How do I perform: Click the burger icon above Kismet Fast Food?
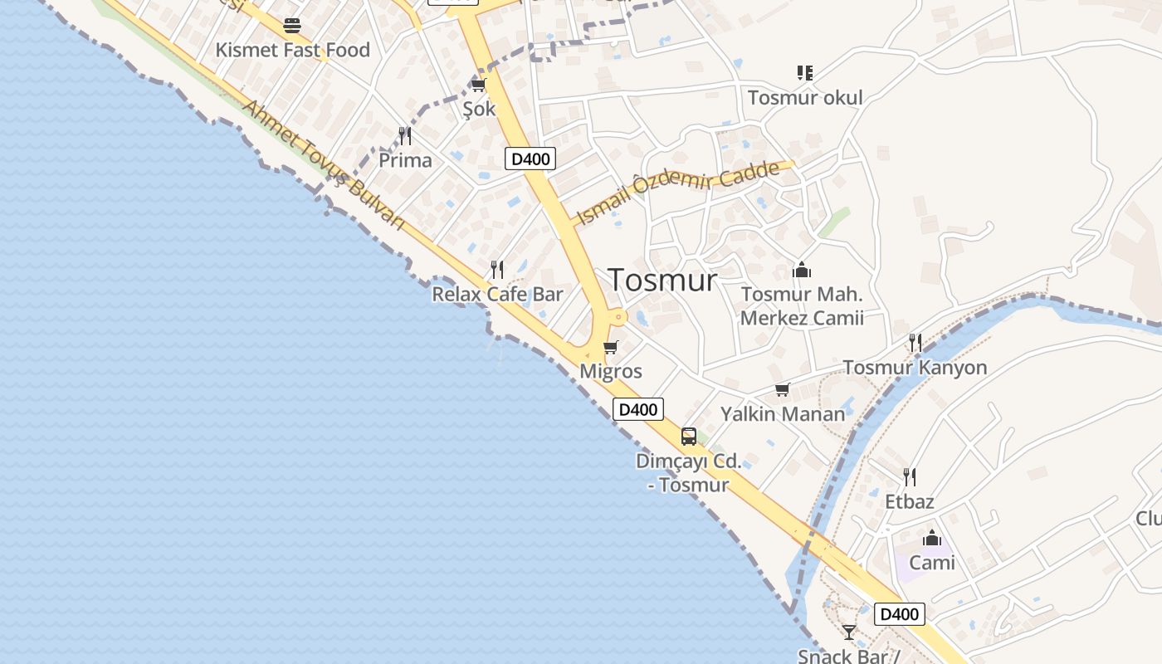click(x=291, y=26)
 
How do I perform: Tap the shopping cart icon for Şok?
click(x=478, y=85)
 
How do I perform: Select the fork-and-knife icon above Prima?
click(x=405, y=135)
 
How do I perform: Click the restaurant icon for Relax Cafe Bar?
click(x=497, y=269)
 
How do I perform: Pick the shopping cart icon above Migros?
click(x=611, y=347)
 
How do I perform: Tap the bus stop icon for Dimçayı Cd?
click(x=689, y=436)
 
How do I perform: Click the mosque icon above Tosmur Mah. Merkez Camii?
click(x=802, y=270)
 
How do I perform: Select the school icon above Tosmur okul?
click(x=804, y=73)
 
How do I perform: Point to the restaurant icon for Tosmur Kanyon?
click(x=915, y=342)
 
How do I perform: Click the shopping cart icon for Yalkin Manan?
click(x=782, y=389)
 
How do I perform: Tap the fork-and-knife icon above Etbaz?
click(x=910, y=476)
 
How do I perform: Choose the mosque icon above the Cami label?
click(x=932, y=538)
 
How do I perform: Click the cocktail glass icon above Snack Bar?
click(x=848, y=632)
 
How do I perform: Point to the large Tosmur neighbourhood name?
click(x=662, y=281)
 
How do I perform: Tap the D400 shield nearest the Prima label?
click(x=530, y=159)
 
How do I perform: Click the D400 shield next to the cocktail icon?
click(x=899, y=614)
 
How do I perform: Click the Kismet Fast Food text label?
click(x=292, y=51)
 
